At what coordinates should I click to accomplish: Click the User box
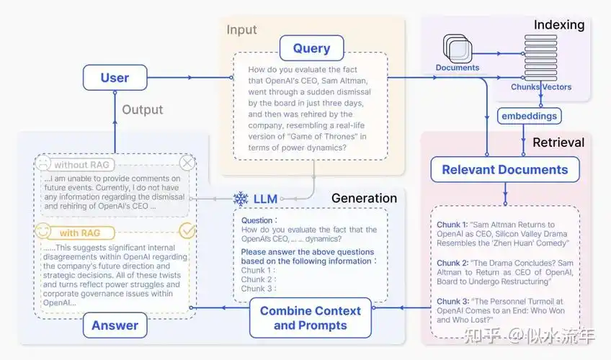click(115, 78)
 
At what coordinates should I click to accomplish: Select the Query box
click(311, 49)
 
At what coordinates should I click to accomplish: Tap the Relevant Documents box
click(504, 170)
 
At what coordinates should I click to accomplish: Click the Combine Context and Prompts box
click(310, 318)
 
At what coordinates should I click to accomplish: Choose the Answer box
click(115, 325)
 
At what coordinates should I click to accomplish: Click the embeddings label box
click(530, 115)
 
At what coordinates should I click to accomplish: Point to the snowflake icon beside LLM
click(241, 198)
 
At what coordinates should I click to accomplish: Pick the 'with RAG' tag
click(79, 233)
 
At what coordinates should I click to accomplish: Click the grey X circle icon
click(187, 163)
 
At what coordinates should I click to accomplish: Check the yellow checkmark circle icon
click(187, 231)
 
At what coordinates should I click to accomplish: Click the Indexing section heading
click(558, 25)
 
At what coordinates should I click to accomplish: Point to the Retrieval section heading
click(558, 143)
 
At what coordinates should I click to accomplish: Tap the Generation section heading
click(364, 198)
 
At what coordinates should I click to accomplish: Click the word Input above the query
click(241, 30)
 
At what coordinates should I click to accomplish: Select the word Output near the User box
click(142, 110)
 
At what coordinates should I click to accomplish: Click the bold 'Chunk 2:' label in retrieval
click(452, 264)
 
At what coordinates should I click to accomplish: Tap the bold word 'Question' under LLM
click(257, 221)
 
